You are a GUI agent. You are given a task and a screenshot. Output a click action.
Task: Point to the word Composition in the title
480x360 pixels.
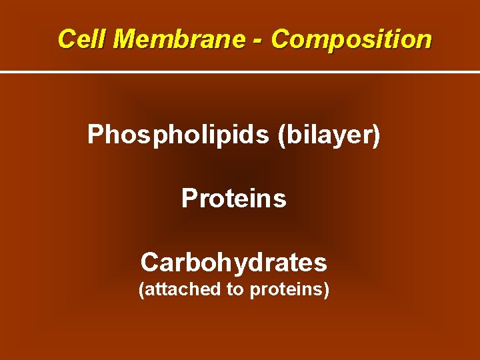click(351, 40)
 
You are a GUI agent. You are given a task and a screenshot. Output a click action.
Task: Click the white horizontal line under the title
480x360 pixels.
click(240, 72)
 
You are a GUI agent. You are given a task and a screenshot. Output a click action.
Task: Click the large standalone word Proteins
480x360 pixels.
click(234, 199)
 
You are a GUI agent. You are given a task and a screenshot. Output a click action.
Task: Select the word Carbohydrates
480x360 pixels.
click(234, 263)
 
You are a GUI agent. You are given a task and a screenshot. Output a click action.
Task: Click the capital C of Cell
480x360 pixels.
click(66, 39)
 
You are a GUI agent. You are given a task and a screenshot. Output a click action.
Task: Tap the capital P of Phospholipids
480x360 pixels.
click(96, 135)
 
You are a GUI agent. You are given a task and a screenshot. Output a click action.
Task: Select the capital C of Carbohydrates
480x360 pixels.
click(149, 263)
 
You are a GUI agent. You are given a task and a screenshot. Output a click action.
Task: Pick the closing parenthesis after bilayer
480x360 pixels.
click(376, 136)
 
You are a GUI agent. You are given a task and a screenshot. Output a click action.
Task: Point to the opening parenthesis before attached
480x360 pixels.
click(141, 291)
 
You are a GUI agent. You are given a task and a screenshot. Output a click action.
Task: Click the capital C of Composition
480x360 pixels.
click(280, 39)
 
